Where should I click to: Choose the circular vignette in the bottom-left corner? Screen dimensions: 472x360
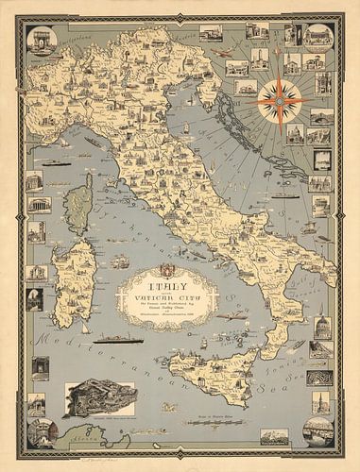click(x=42, y=431)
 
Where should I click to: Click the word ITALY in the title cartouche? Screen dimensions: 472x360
click(x=158, y=280)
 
